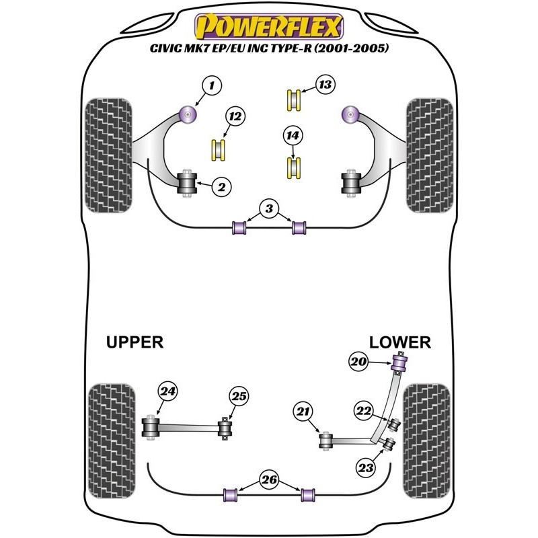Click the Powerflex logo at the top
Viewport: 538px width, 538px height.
pos(269,28)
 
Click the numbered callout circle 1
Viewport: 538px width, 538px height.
pos(212,85)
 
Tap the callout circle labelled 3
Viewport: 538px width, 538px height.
pos(269,210)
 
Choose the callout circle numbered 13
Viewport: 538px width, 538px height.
pos(325,85)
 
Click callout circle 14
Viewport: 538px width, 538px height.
pos(293,137)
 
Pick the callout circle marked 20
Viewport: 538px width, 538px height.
pos(358,362)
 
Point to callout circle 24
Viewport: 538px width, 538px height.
pos(167,391)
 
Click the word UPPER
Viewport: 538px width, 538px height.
pos(134,342)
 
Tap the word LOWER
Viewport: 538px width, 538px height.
pos(400,342)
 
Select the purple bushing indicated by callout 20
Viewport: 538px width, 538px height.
pos(401,364)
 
